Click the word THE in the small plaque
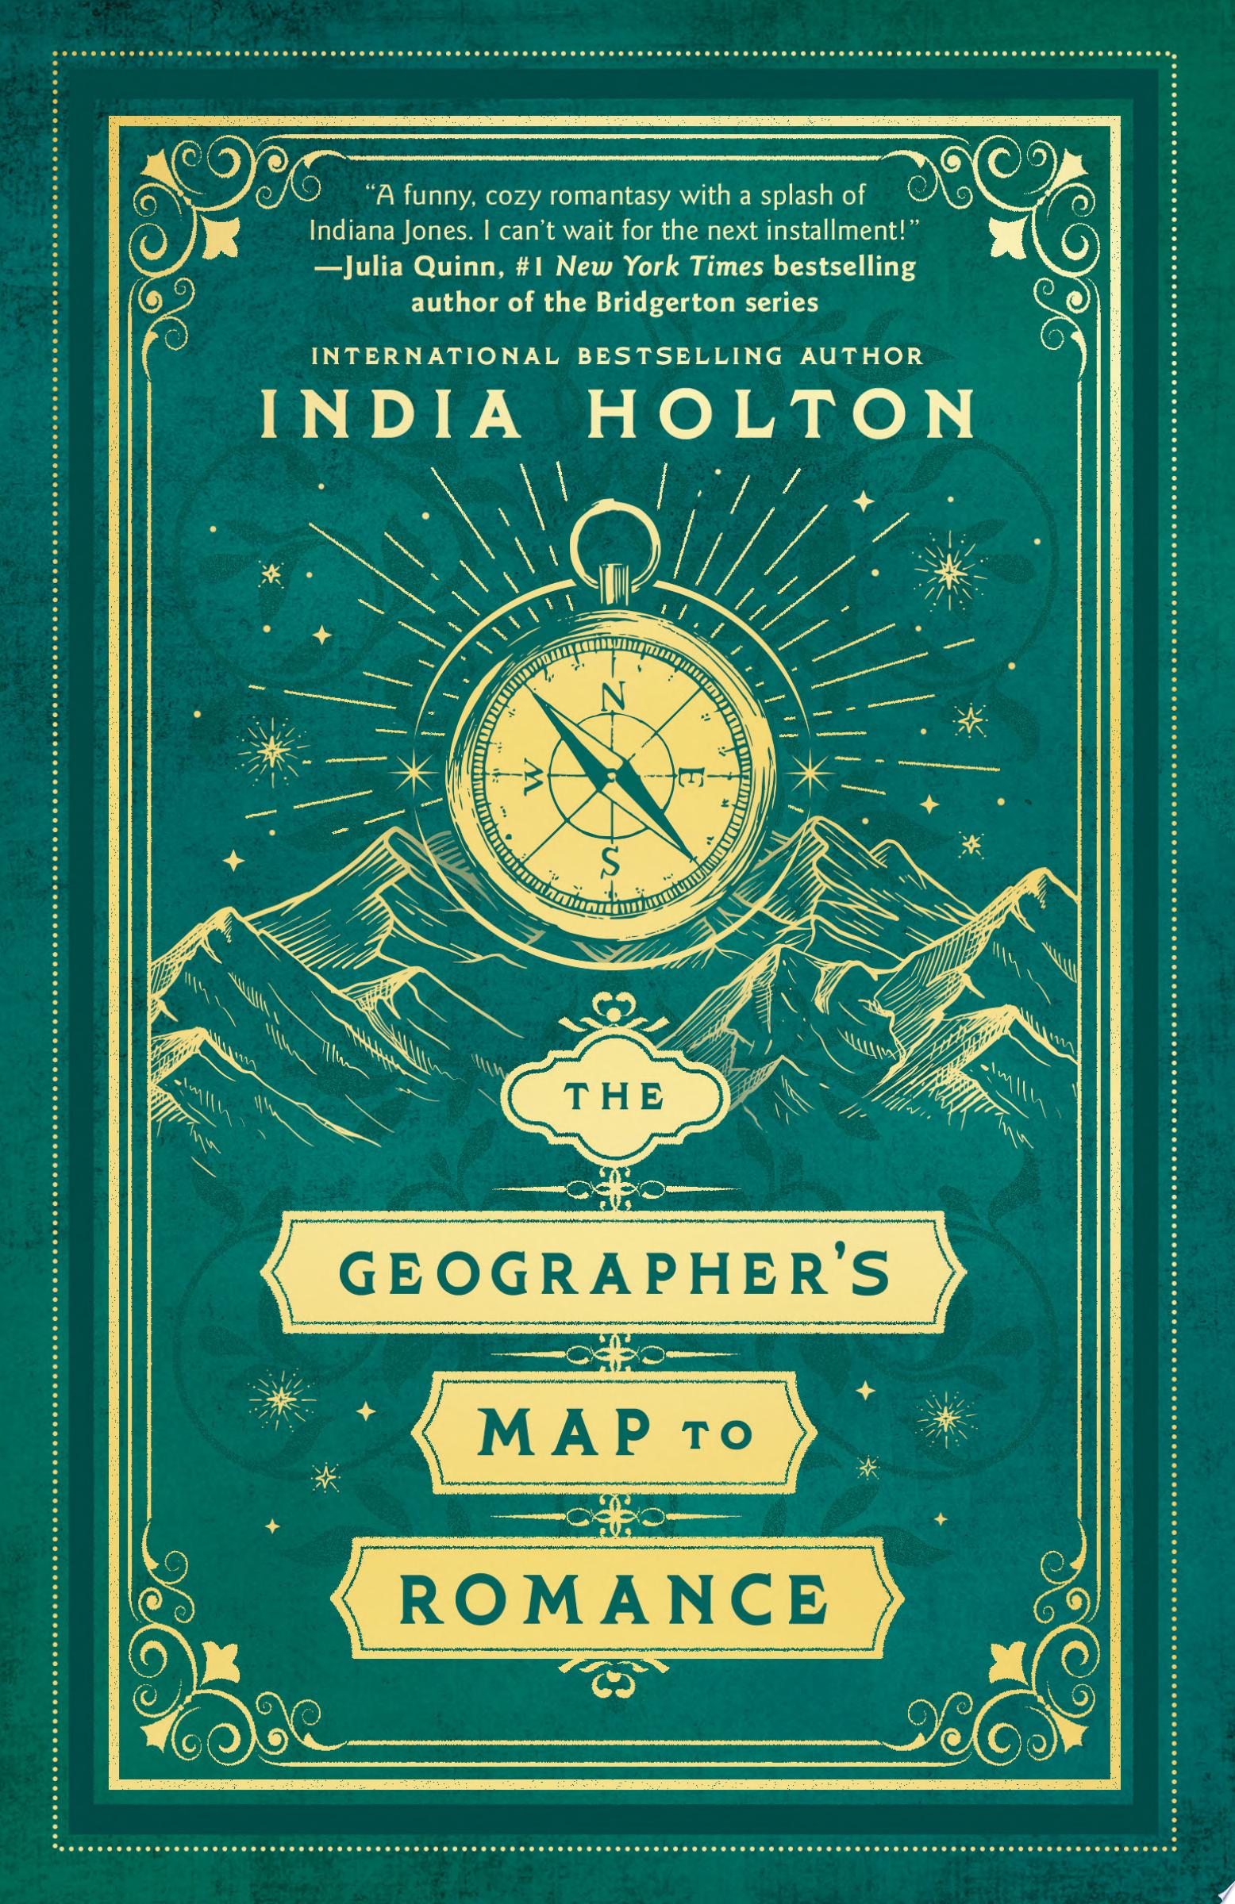pos(617,1099)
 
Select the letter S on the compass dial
pos(610,862)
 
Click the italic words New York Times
pos(660,267)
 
